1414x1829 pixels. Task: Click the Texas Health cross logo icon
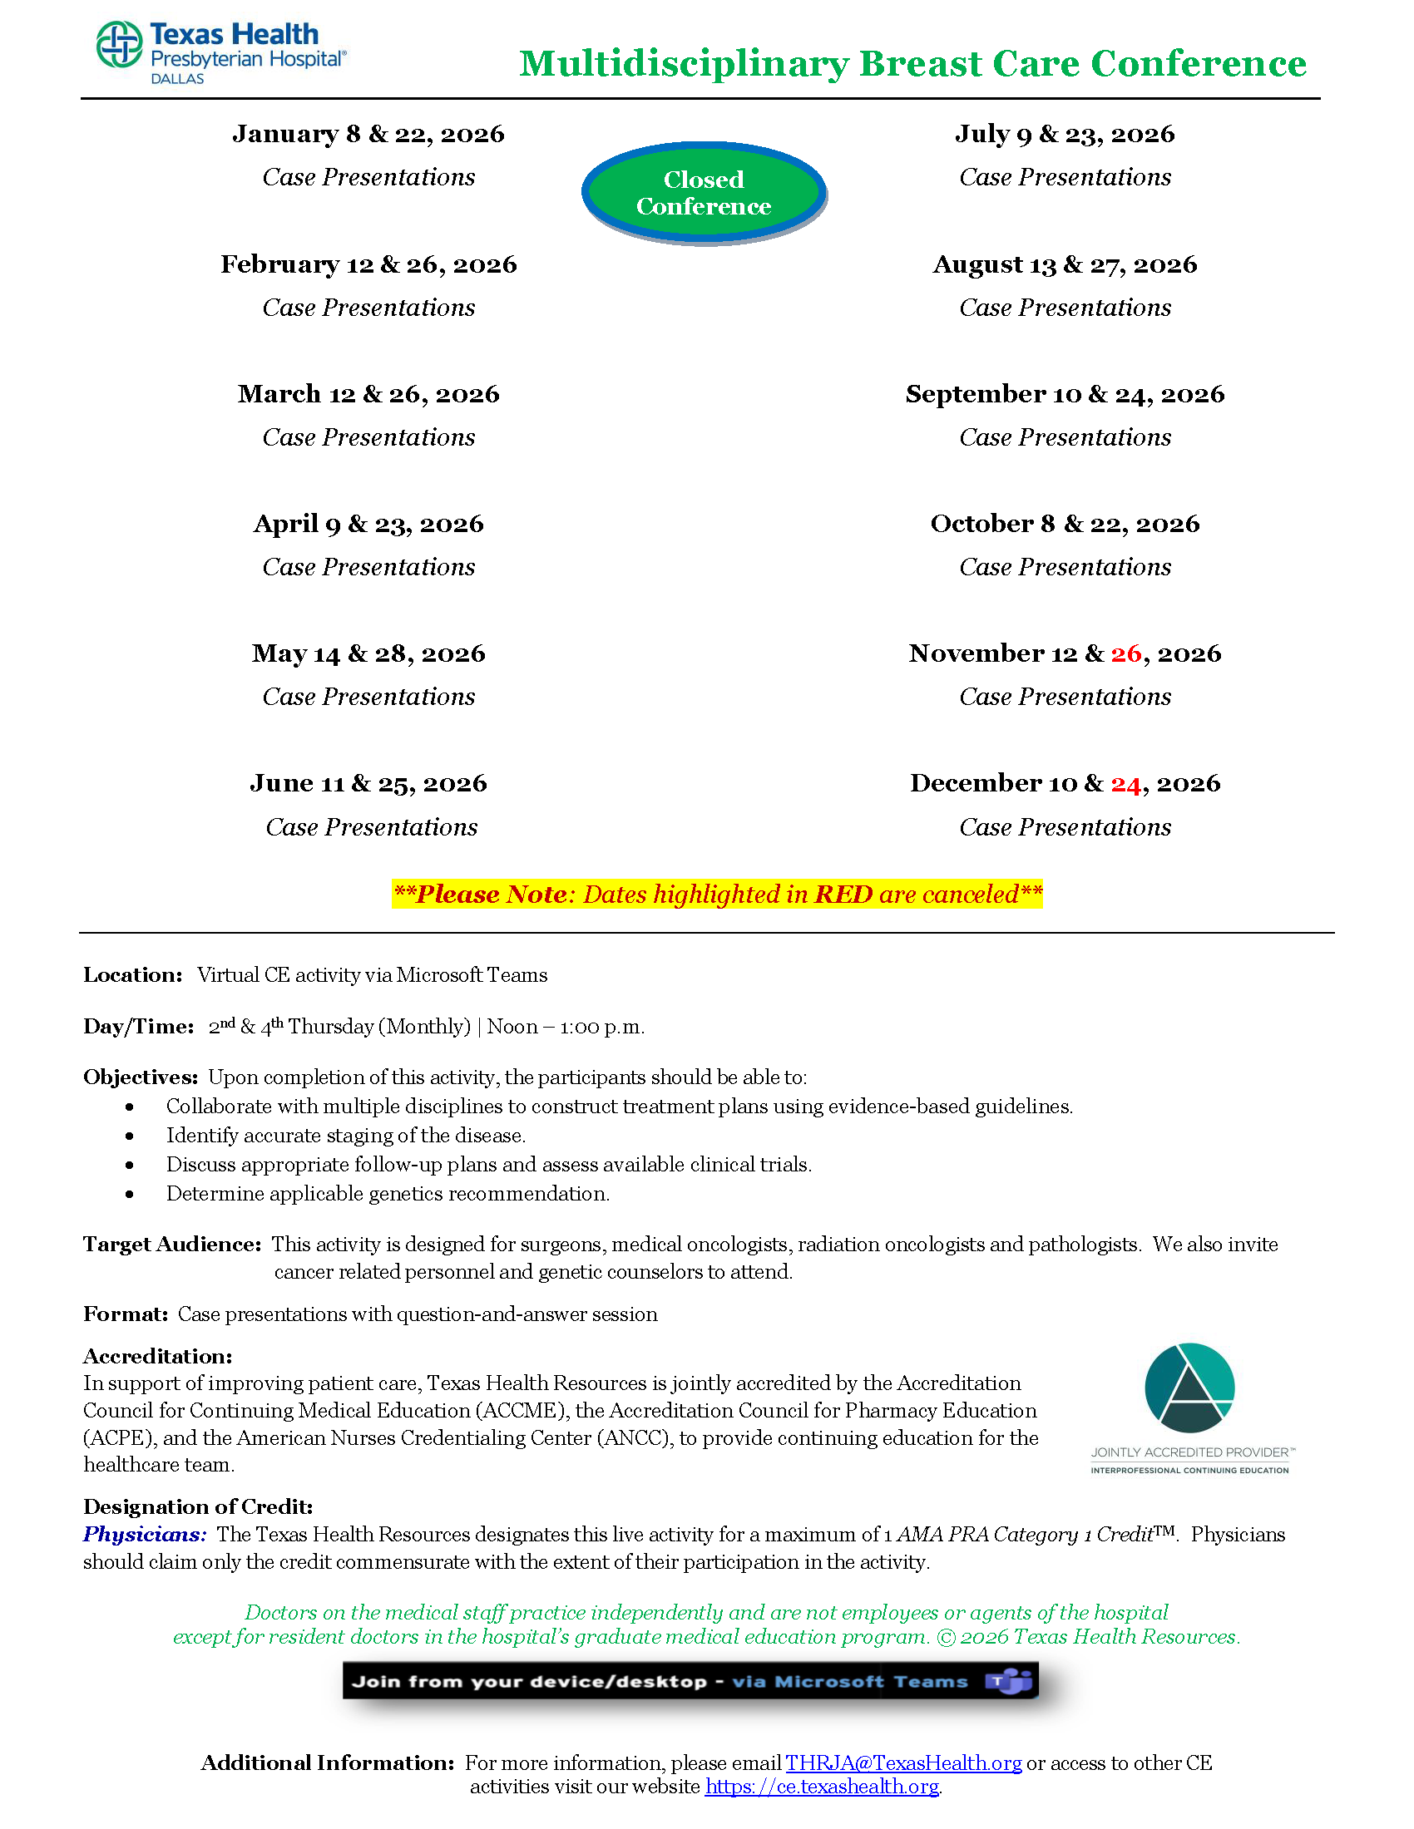coord(119,44)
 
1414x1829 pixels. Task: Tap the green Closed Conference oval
coord(704,193)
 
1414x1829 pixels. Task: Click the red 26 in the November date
coord(1126,653)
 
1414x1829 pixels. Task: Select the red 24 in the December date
coord(1126,784)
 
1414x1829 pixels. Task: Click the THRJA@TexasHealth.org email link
coord(903,1762)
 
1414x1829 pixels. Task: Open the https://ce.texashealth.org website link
coord(821,1787)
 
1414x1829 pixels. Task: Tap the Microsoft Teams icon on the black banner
coord(1010,1681)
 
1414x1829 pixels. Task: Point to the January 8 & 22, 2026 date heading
coord(368,134)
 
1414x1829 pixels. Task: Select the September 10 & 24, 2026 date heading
coord(1065,394)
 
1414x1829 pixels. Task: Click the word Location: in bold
coord(132,975)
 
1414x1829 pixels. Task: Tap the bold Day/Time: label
coord(138,1027)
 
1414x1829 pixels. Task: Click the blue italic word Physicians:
coord(144,1534)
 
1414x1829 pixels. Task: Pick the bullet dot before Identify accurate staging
coord(130,1136)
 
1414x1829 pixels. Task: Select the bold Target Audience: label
coord(171,1245)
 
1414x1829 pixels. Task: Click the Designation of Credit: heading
coord(198,1507)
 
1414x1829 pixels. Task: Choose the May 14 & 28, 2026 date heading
coord(368,654)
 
